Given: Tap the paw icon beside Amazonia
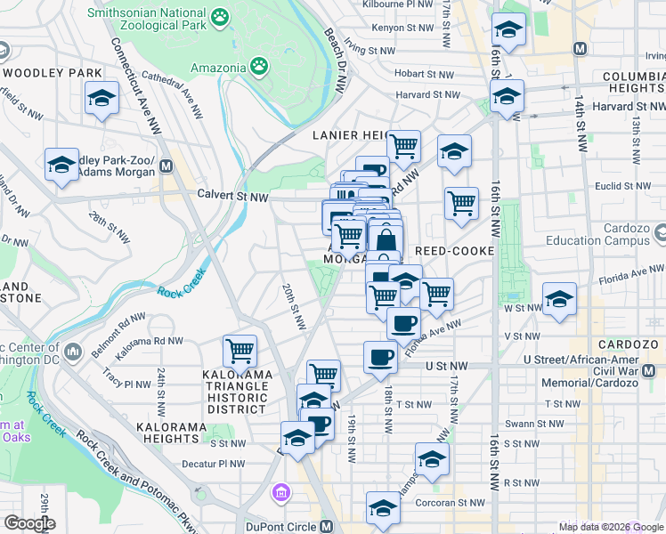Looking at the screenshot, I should coord(259,65).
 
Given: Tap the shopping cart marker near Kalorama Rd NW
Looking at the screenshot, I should coord(240,352).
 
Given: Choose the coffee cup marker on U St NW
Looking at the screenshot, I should coord(380,358).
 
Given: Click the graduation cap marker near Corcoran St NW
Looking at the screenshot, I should coord(383,508).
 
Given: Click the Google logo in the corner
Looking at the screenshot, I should coord(28,523).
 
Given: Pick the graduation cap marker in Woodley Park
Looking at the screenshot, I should coord(102,98).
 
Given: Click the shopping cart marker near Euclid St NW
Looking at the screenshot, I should coord(461,203).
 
